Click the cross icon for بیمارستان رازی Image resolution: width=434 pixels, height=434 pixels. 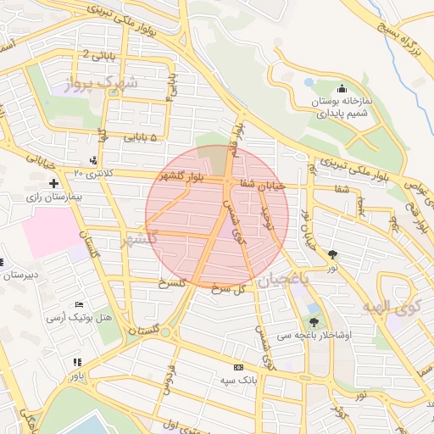click(x=53, y=183)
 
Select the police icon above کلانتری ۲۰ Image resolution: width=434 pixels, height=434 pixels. click(x=92, y=160)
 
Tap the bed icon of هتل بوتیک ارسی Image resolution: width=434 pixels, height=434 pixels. click(x=79, y=304)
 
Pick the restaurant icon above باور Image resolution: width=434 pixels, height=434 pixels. click(x=77, y=362)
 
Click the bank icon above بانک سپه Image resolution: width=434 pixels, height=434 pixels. click(x=238, y=367)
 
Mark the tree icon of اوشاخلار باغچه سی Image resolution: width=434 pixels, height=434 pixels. click(x=314, y=321)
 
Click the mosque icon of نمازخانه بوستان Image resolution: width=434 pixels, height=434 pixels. click(x=342, y=89)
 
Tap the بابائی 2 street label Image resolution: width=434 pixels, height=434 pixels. click(x=98, y=54)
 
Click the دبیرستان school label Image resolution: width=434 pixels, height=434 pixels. click(x=22, y=275)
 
